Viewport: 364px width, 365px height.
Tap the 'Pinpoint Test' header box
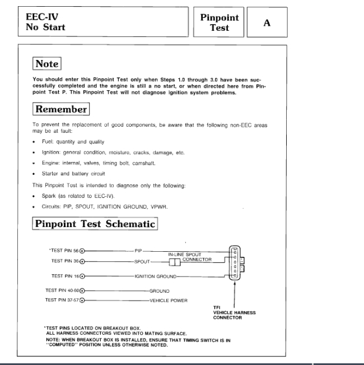(x=220, y=22)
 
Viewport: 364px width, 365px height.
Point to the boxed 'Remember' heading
(x=61, y=109)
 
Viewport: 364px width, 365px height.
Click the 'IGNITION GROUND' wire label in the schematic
(x=155, y=276)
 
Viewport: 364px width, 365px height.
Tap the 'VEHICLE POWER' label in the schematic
(x=168, y=300)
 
